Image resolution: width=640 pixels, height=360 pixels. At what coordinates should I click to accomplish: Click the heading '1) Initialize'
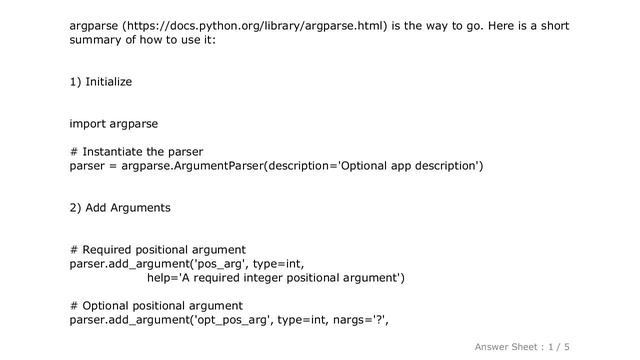click(100, 80)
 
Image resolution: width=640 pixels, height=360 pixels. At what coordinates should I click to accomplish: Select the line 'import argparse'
click(113, 124)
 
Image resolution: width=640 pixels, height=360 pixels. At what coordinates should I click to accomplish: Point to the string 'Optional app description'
click(409, 166)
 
